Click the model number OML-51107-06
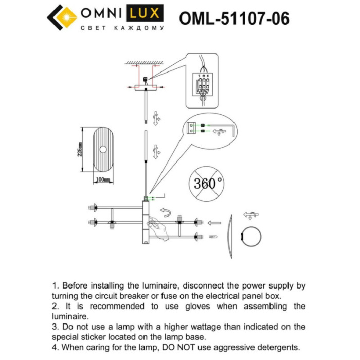(234, 19)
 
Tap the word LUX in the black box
(146, 12)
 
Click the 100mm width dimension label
(103, 179)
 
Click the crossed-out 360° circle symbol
(207, 183)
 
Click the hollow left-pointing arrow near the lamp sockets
(214, 223)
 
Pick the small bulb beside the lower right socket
(213, 237)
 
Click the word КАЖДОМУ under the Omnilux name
(140, 28)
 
